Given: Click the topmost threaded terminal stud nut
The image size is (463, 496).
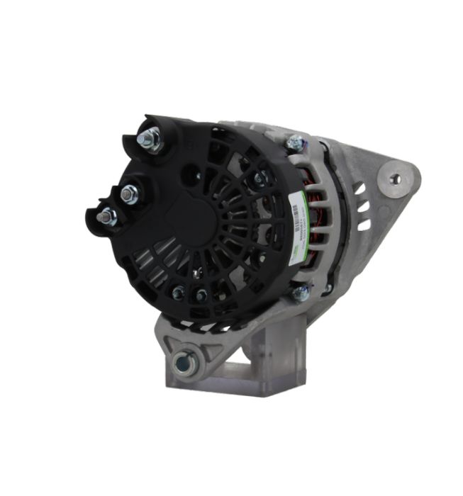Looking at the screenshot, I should (150, 139).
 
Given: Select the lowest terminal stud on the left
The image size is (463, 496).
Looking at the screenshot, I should (107, 217).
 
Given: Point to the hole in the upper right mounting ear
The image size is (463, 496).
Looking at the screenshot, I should (395, 179).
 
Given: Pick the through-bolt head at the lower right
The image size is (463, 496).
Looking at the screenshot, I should (301, 292).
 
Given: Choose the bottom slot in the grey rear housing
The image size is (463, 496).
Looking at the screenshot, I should (364, 225).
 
